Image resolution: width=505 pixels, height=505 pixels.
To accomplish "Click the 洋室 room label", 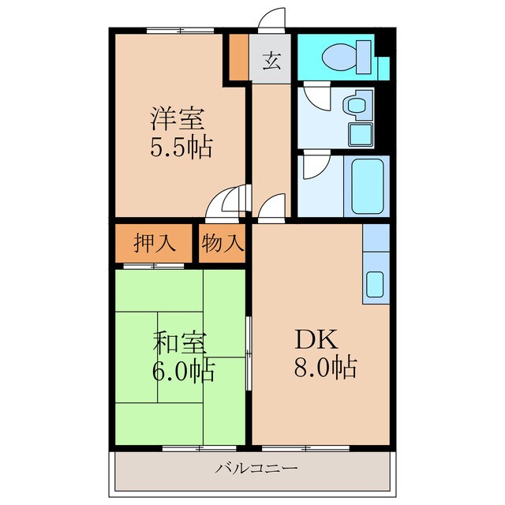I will tap(178, 120).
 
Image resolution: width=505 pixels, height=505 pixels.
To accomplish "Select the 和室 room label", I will tap(179, 344).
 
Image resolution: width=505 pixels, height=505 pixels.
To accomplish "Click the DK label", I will tap(316, 339).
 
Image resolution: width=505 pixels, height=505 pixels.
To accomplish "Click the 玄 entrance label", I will tap(271, 61).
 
